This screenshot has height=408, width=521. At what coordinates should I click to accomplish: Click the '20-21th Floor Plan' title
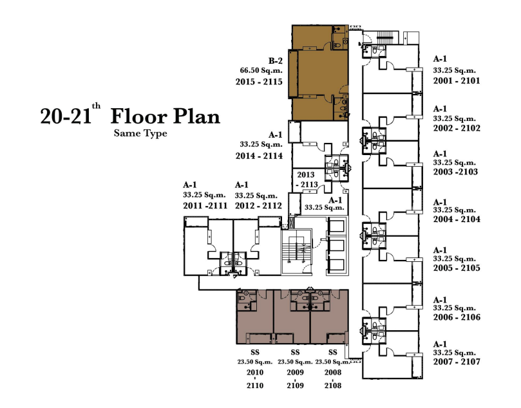[x=130, y=115]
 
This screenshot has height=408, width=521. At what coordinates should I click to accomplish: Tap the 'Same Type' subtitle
[x=140, y=133]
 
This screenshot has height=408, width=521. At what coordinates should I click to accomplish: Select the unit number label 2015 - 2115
[x=259, y=82]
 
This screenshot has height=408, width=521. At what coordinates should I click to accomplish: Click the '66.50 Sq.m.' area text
[x=261, y=70]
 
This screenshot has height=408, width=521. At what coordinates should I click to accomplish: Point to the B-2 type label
[x=276, y=60]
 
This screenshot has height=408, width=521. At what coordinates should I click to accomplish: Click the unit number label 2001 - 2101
[x=457, y=80]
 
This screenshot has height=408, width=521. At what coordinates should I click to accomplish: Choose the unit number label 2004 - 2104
[x=457, y=219]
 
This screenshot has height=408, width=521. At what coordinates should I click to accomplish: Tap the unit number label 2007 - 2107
[x=457, y=362]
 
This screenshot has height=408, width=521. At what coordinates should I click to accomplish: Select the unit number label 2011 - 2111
[x=205, y=206]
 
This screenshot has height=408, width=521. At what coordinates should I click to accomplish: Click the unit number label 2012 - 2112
[x=258, y=206]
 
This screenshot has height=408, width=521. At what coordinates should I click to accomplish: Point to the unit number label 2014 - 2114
[x=259, y=156]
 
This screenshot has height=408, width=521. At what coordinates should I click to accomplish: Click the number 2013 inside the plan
[x=306, y=174]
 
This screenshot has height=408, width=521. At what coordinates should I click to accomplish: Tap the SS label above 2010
[x=255, y=352]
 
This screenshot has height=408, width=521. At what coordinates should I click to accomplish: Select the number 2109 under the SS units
[x=295, y=385]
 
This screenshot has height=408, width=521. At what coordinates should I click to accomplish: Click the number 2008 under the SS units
[x=332, y=373]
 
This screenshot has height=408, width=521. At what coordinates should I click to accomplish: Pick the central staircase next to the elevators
[x=297, y=252]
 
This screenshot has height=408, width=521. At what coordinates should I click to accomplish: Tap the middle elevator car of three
[x=337, y=246]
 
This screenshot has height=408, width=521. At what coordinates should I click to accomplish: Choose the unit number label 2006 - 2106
[x=457, y=317]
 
